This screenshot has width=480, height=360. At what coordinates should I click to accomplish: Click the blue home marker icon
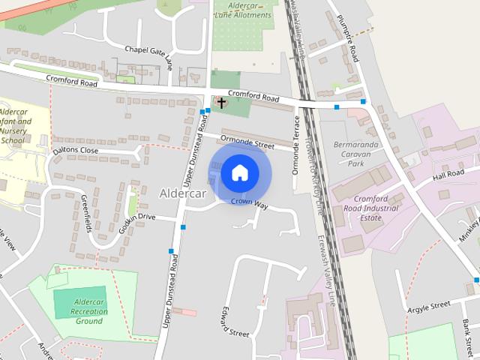pos(239,173)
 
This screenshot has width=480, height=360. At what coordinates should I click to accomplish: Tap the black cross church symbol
pos(221,102)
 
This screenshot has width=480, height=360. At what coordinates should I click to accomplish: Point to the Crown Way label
pos(249,202)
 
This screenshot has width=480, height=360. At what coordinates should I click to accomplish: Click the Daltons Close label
pos(76,151)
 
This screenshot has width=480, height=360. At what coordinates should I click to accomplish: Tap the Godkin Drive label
pos(137,217)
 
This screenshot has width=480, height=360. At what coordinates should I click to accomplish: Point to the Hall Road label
pos(449,175)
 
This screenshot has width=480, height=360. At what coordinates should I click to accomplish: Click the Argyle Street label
pos(428,305)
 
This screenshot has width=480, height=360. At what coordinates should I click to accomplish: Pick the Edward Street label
pos(233,322)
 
